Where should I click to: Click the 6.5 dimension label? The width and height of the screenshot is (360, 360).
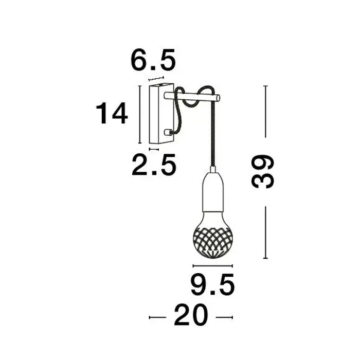tap(153, 61)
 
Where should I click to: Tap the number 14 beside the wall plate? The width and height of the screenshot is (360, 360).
tap(112, 114)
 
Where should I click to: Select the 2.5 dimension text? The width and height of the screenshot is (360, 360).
tap(153, 165)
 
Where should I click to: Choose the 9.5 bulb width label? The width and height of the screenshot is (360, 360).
tap(212, 286)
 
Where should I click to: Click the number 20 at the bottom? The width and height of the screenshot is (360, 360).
tap(190, 316)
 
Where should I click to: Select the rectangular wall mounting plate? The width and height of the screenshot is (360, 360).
tap(156, 114)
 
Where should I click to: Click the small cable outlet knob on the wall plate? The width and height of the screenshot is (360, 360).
tap(167, 132)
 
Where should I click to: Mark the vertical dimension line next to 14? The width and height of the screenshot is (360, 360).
tap(140, 114)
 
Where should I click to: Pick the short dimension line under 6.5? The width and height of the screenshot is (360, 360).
tap(156, 79)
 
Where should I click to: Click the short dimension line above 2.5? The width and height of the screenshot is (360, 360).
tap(154, 149)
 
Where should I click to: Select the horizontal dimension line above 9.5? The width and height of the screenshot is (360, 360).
tap(212, 266)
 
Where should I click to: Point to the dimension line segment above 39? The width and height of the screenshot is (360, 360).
tap(265, 112)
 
